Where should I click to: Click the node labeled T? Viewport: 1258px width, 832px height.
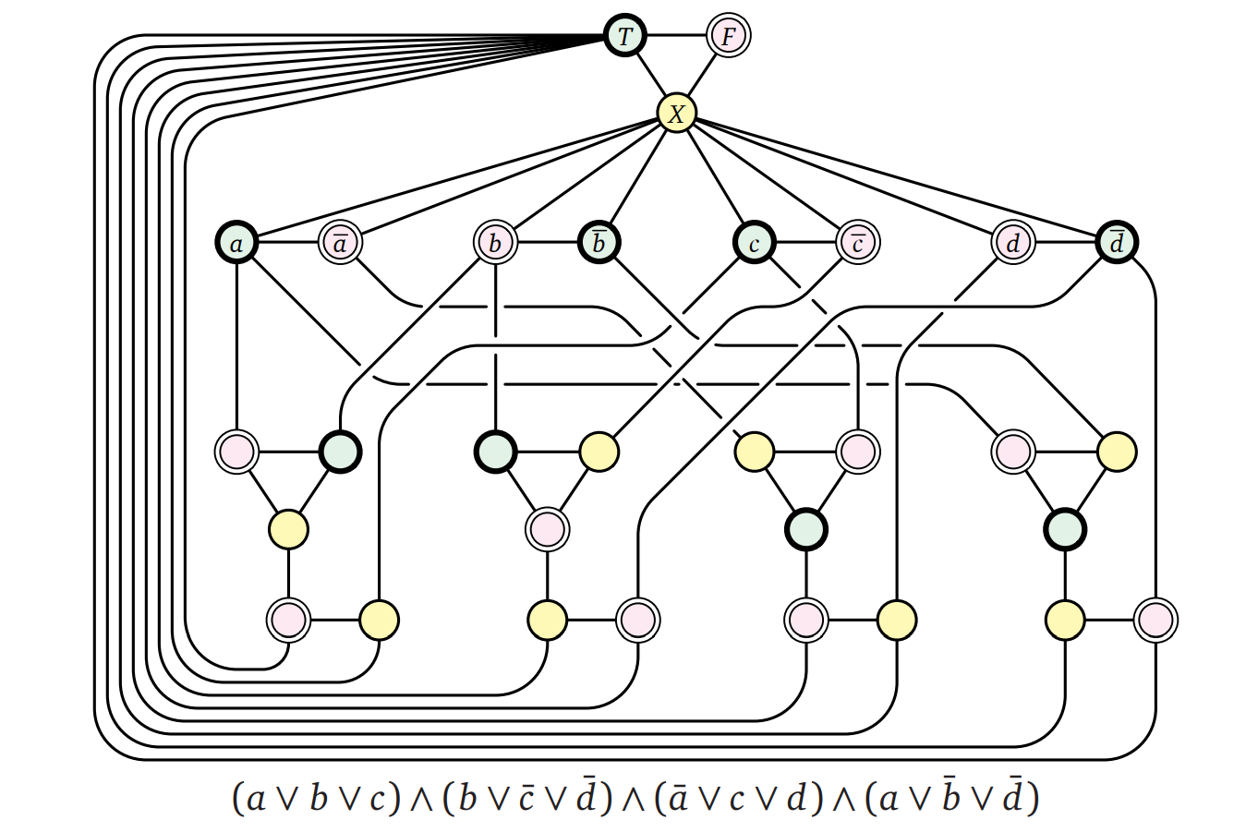pyautogui.click(x=625, y=37)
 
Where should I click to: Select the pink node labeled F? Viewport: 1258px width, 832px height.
pyautogui.click(x=728, y=37)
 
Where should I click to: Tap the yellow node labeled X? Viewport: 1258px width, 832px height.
pyautogui.click(x=676, y=114)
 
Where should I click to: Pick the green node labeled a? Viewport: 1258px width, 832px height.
pyautogui.click(x=237, y=243)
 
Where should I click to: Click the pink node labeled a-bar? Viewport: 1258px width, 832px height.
pyautogui.click(x=340, y=243)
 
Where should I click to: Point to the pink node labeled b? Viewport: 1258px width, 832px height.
pyautogui.click(x=495, y=243)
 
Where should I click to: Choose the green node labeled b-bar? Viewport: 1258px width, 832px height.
pyautogui.click(x=599, y=243)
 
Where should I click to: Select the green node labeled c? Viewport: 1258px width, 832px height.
pyautogui.click(x=755, y=243)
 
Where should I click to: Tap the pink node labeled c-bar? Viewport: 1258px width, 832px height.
pyautogui.click(x=857, y=243)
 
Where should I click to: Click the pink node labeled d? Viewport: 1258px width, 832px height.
pyautogui.click(x=1013, y=243)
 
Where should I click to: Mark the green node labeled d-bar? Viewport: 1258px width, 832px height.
pyautogui.click(x=1117, y=243)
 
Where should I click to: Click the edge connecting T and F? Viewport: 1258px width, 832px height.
pyautogui.click(x=676, y=36)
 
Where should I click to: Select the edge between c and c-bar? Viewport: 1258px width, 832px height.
pyautogui.click(x=805, y=243)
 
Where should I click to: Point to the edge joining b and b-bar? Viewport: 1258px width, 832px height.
pyautogui.click(x=547, y=243)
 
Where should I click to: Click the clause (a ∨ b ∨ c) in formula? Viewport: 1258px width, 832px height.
pyautogui.click(x=316, y=798)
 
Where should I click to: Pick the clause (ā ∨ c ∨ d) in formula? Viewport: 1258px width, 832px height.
pyautogui.click(x=738, y=798)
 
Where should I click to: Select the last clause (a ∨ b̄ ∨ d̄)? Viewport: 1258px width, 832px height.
pyautogui.click(x=951, y=798)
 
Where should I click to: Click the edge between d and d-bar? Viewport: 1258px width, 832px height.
pyautogui.click(x=1065, y=243)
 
